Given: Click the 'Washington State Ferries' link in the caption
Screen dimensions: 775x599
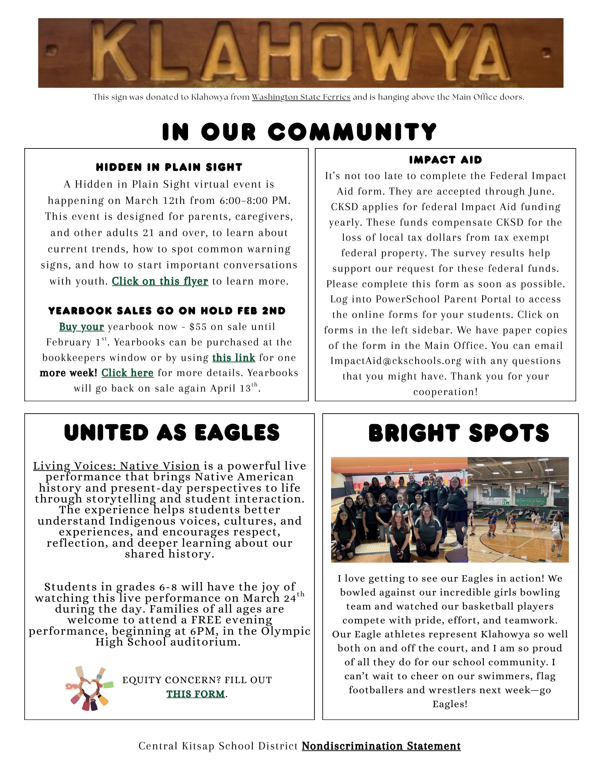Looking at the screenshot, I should [x=301, y=97].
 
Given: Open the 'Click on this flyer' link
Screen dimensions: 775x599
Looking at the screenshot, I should [x=160, y=281].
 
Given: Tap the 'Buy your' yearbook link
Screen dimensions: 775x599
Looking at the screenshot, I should [x=81, y=327].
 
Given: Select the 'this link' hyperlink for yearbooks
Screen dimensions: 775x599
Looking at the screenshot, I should [x=233, y=357].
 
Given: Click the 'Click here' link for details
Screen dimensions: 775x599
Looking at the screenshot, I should [x=127, y=373].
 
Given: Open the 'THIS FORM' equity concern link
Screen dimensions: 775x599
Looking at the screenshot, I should [x=195, y=694].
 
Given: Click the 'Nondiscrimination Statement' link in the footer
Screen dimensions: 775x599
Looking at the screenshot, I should [x=381, y=746].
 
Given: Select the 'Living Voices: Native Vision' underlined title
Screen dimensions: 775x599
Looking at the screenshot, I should [x=116, y=466].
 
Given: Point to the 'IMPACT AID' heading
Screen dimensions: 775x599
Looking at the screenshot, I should [x=445, y=160].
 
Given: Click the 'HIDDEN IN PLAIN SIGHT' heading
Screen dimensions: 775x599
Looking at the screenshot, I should [x=169, y=167].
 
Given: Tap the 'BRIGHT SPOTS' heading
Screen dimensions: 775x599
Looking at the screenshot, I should [x=459, y=433].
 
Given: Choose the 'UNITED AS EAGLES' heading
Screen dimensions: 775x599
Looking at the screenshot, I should [x=172, y=433].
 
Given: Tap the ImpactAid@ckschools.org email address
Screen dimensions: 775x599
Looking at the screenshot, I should [x=395, y=361].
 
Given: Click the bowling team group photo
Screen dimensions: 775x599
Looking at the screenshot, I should [x=399, y=510].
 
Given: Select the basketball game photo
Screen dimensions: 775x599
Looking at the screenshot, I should [x=518, y=510].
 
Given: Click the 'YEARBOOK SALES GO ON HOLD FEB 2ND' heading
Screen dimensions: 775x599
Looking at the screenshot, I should [x=167, y=311].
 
